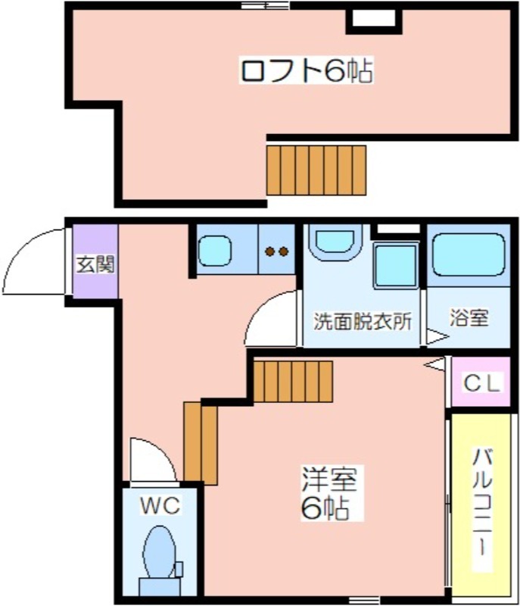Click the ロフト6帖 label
(x=306, y=71)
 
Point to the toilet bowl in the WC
(x=158, y=553)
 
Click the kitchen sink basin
(x=215, y=250)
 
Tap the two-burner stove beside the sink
(x=276, y=251)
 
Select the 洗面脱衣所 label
(x=363, y=320)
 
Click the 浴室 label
(x=469, y=318)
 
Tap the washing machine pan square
(x=395, y=265)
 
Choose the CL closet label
(x=481, y=384)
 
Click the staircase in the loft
(x=316, y=170)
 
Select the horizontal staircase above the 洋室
(x=293, y=381)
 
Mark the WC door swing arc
(x=151, y=460)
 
